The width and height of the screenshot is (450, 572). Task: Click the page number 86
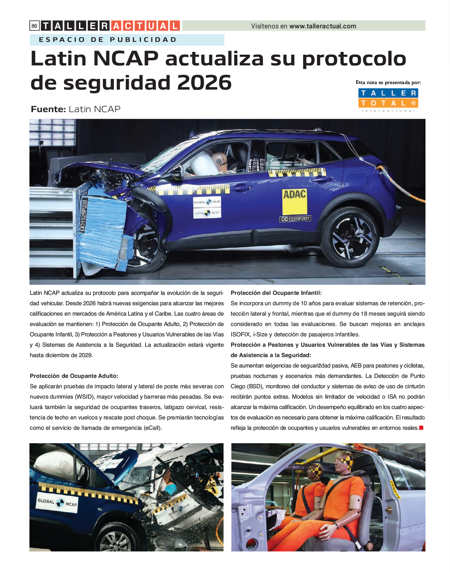(34, 26)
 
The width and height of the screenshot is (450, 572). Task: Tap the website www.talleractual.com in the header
(323, 26)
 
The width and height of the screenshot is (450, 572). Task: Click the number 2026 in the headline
(204, 82)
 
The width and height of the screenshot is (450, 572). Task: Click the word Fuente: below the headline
(48, 109)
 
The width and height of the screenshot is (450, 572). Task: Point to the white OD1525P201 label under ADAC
(295, 219)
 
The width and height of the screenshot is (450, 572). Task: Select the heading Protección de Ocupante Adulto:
(74, 376)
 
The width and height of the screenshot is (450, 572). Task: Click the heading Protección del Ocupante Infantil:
(276, 293)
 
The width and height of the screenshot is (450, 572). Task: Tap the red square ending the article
(421, 428)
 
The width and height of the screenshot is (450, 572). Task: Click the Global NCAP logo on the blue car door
(57, 502)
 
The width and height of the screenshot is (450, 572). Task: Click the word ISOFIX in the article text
(240, 334)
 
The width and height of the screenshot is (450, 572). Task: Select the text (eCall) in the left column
(152, 428)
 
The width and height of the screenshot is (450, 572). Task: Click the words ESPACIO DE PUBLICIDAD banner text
(108, 40)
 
